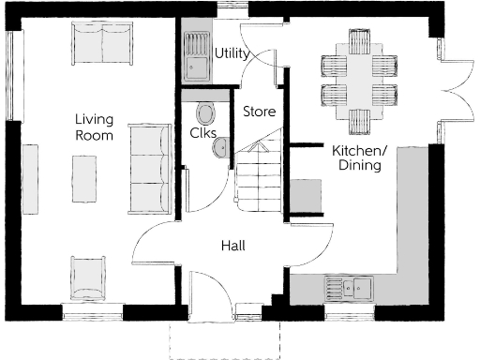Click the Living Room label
[x=95, y=127]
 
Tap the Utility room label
[x=232, y=53]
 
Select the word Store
[x=259, y=112]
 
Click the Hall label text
[x=233, y=246]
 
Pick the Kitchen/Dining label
[x=358, y=157]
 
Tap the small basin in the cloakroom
[x=218, y=152]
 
